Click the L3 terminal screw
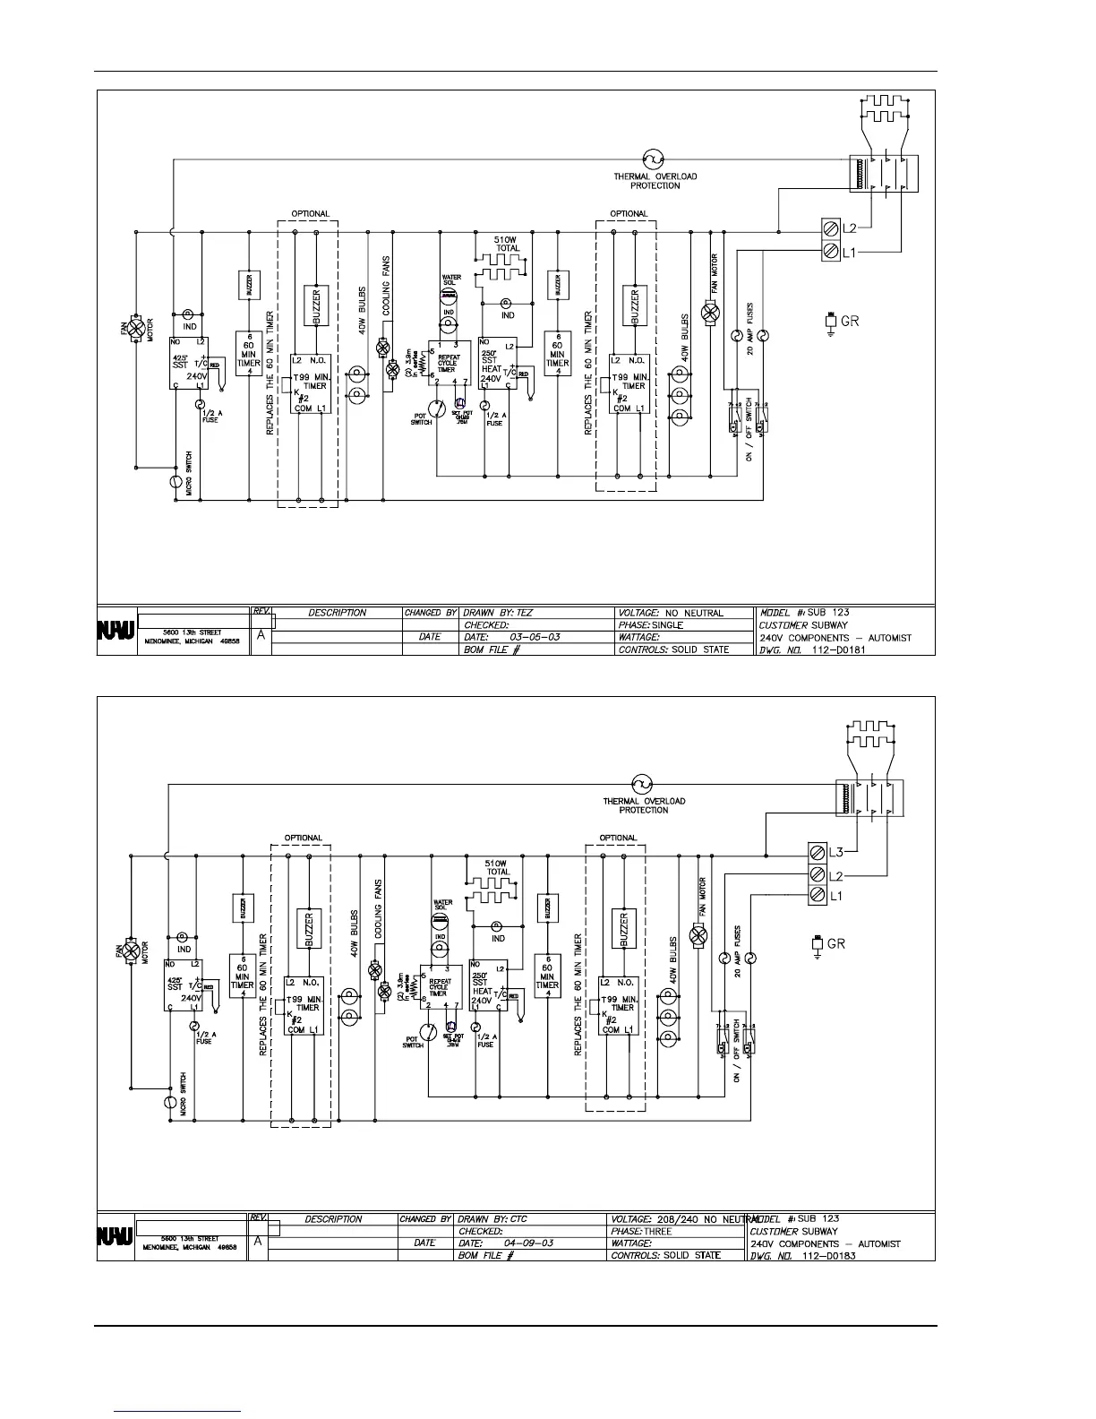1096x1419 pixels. (817, 850)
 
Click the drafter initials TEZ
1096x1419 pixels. (525, 613)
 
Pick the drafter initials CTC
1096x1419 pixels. (519, 1219)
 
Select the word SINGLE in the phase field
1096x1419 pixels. (667, 625)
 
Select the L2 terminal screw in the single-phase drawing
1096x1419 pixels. (829, 229)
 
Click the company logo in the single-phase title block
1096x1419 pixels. (116, 631)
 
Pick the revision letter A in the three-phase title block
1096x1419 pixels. (258, 1243)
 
